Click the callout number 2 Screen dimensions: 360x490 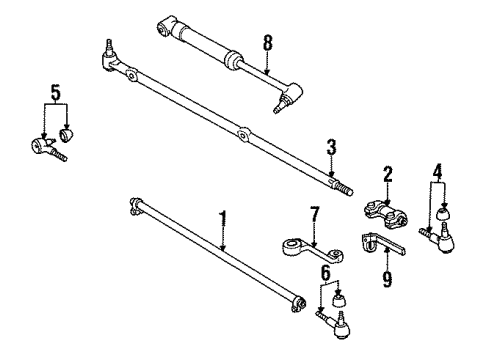(388, 172)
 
